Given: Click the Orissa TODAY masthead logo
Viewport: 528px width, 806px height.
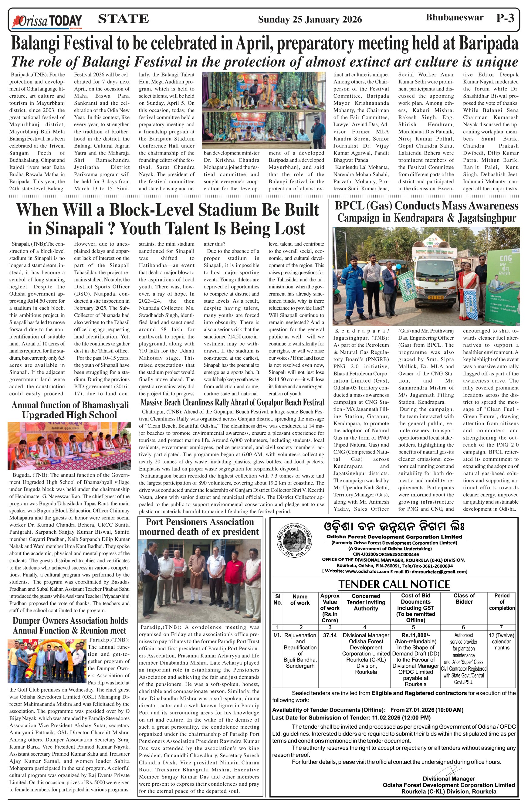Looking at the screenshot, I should pyautogui.click(x=47, y=21).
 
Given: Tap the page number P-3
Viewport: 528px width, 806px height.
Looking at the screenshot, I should pyautogui.click(x=505, y=18).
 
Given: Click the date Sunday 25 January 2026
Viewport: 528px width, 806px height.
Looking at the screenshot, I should pyautogui.click(x=310, y=19).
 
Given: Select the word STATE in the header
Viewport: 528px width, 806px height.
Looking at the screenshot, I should pyautogui.click(x=123, y=19).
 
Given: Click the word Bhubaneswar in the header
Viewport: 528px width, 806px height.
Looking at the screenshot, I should pyautogui.click(x=454, y=18).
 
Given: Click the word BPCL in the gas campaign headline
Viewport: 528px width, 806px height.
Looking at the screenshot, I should pyautogui.click(x=349, y=206).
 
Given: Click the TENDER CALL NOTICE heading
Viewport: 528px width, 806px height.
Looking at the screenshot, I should pyautogui.click(x=394, y=584).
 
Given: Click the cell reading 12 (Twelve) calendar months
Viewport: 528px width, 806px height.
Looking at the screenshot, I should pyautogui.click(x=501, y=641).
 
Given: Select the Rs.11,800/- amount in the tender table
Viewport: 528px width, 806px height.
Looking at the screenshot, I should pyautogui.click(x=415, y=635).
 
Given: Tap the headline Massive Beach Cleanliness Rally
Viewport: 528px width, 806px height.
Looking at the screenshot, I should pyautogui.click(x=232, y=403).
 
